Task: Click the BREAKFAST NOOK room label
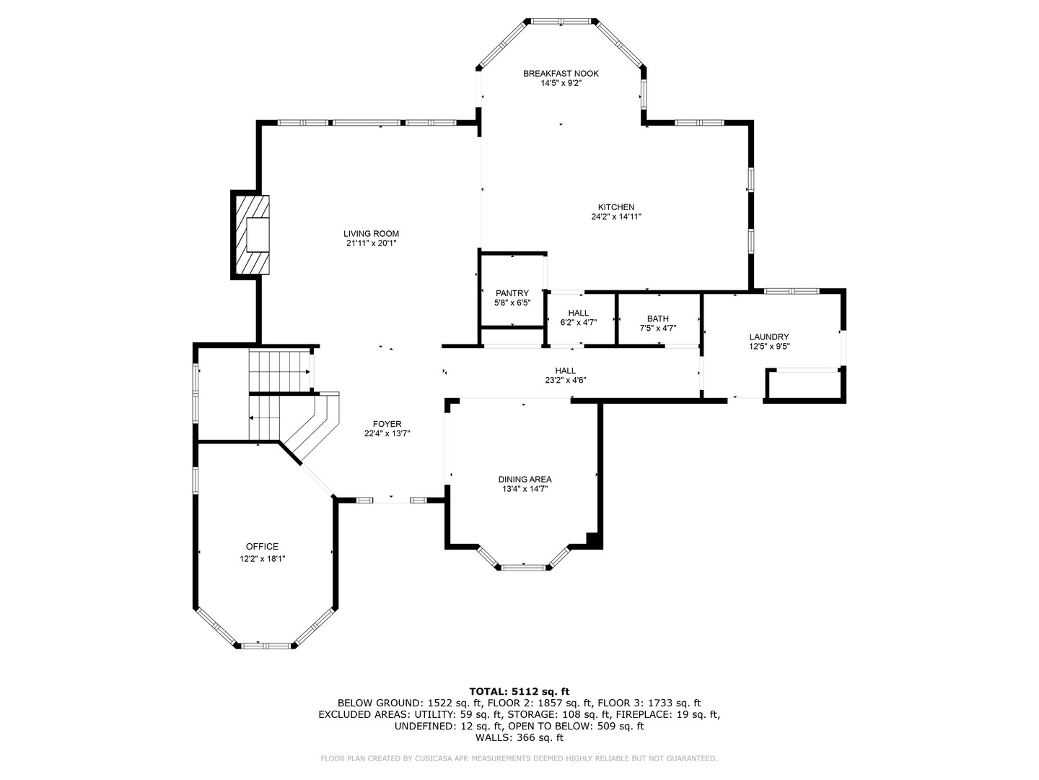coord(561,74)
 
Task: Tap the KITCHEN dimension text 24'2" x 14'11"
coord(616,217)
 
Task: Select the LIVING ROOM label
coord(371,233)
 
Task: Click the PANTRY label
coord(512,293)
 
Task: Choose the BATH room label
coord(658,318)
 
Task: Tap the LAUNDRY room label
coord(769,337)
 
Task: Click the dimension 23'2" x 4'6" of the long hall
coord(566,380)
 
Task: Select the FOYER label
coord(387,424)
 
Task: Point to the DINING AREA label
coord(525,480)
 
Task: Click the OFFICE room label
coord(262,547)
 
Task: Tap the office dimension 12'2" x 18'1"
coord(262,559)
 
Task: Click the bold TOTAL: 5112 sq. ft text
coord(519,691)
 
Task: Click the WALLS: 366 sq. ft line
coord(519,737)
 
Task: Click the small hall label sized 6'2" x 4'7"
coord(579,318)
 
